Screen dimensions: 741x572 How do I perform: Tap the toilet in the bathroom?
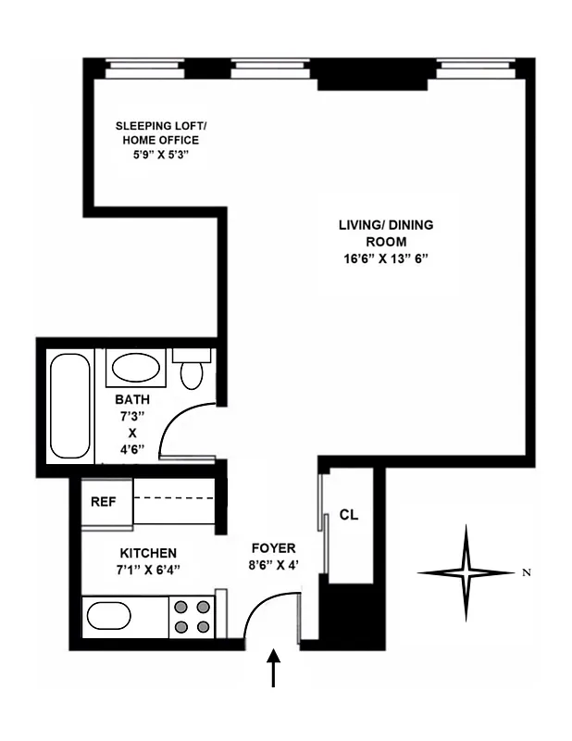click(x=192, y=371)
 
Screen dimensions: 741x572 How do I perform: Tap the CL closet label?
click(x=348, y=514)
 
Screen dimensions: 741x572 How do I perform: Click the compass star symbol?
click(x=466, y=572)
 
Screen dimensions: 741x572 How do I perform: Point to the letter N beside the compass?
click(x=527, y=572)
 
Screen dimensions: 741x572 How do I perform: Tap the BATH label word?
click(x=131, y=400)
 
